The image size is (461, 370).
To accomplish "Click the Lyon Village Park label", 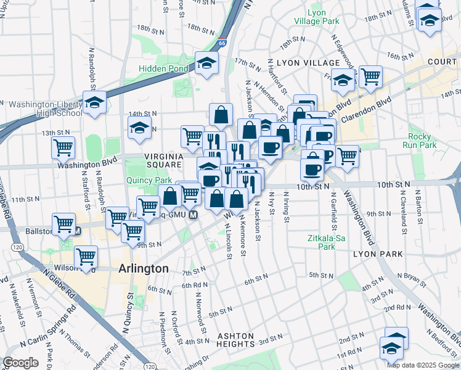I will point(324,17).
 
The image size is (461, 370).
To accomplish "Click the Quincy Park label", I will point(149,181).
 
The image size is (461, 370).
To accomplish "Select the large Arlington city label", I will point(142,269).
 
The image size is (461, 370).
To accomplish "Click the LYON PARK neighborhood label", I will point(378,254).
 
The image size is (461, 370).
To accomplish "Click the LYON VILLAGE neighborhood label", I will point(308,63).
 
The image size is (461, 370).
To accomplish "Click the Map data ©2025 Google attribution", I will point(423,364).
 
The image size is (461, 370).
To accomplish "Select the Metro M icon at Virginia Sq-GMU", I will point(193,215).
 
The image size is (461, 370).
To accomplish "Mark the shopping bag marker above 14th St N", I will point(221,114).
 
